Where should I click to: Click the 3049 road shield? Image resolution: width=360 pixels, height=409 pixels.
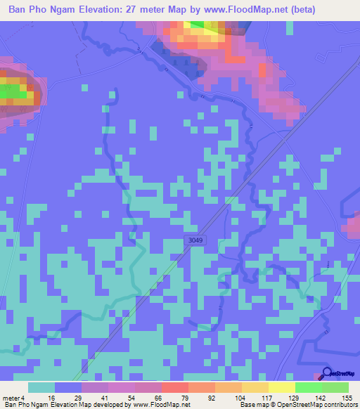(196, 240)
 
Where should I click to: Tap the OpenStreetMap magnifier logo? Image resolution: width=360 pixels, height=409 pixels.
(327, 373)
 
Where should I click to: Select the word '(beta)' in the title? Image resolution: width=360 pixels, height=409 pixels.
(296, 9)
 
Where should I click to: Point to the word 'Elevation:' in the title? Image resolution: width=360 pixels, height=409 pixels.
(110, 9)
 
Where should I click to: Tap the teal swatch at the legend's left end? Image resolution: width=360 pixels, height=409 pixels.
(41, 387)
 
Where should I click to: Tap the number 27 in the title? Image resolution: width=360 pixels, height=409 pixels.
(147, 9)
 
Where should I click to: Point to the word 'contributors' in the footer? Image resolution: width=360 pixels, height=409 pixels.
(338, 405)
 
